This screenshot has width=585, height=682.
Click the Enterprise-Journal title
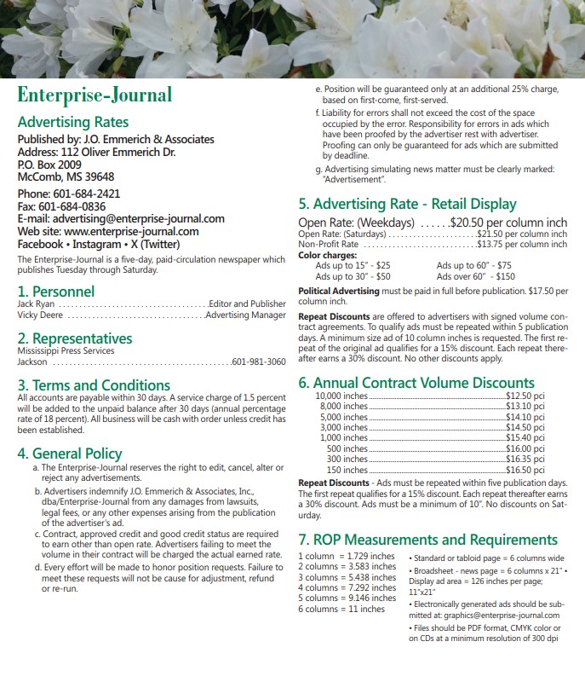point(95,95)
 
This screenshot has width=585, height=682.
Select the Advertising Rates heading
point(73,122)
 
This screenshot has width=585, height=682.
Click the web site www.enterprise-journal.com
point(131,231)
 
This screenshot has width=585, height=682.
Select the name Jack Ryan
point(36,303)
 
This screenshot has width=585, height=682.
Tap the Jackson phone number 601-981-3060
point(259,361)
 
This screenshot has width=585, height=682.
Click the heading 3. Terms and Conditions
point(94,384)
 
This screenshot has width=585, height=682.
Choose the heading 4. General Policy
point(70,453)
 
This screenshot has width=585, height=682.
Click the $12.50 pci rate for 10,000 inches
point(525,396)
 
